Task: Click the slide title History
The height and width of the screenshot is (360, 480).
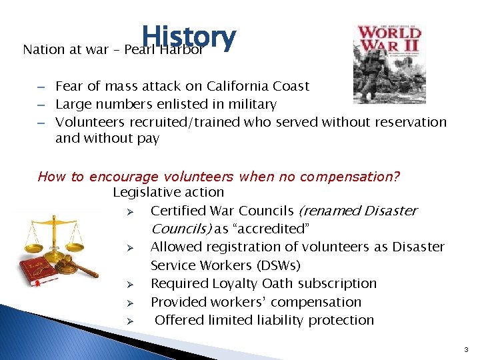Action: (x=188, y=39)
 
